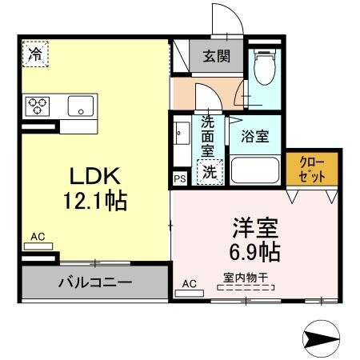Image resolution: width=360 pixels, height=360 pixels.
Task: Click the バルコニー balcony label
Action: click(95, 282)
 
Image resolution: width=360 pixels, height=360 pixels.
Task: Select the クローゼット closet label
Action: click(312, 168)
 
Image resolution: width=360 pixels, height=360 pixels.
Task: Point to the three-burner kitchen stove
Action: click(38, 106)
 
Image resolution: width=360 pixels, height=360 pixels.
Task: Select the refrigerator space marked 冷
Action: click(35, 54)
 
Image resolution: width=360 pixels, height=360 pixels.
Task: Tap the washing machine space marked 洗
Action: click(210, 171)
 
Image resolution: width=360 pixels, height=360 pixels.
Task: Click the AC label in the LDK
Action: click(38, 237)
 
